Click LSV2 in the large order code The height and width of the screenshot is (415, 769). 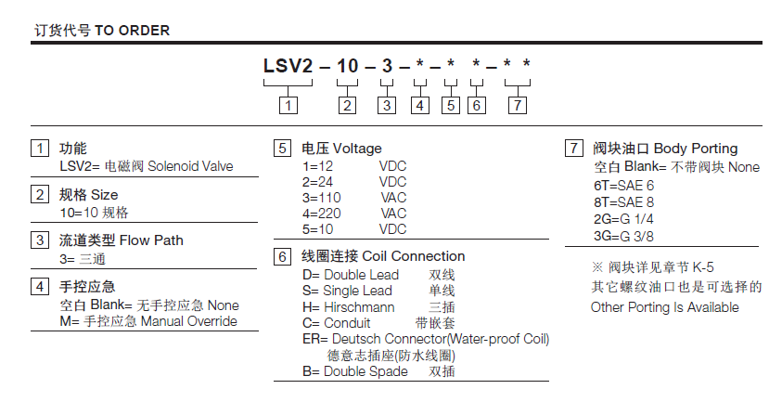(288, 68)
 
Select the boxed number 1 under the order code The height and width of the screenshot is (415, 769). (289, 105)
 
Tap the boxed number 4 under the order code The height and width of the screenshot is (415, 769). (420, 105)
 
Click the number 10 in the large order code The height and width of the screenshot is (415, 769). (346, 68)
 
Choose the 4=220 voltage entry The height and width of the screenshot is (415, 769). (322, 213)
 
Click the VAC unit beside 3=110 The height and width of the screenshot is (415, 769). (392, 198)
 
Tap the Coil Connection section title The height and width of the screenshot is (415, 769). (384, 256)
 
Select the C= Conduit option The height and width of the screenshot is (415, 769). (329, 322)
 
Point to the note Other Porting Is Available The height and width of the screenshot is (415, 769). (665, 306)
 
